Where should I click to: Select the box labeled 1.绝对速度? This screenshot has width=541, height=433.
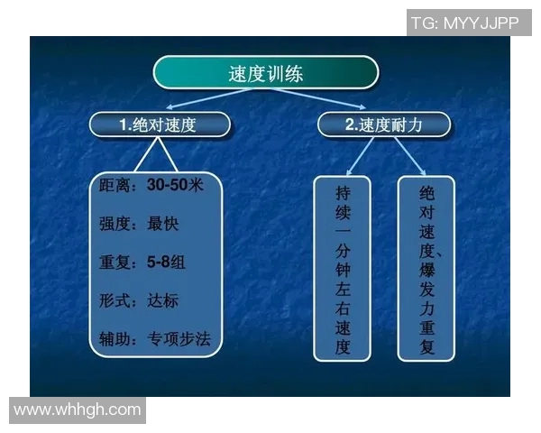coord(159,125)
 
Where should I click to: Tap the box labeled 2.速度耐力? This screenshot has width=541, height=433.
coord(383,125)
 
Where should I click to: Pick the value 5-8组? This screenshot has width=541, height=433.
coord(167,263)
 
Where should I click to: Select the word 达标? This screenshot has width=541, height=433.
coord(163,300)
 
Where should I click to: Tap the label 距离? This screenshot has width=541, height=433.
coord(120,187)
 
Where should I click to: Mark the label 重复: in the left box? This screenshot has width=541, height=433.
coord(120,263)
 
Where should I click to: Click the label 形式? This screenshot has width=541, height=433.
coord(120,300)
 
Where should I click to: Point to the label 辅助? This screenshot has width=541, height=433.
coord(120,339)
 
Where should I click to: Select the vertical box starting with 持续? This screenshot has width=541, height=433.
coord(342,269)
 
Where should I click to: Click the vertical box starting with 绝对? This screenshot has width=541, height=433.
coord(426,269)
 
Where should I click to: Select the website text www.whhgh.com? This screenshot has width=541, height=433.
coord(78,410)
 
